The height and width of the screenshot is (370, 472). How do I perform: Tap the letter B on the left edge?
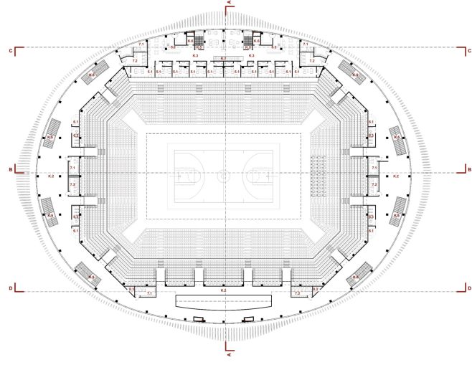tap(10, 169)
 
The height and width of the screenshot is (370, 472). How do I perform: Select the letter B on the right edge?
tap(468, 169)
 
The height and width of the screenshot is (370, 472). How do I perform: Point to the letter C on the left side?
tap(10, 51)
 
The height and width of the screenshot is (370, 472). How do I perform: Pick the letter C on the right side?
tap(468, 51)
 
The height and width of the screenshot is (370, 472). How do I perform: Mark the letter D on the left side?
tap(10, 288)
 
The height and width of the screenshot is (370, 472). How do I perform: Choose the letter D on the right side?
tap(468, 288)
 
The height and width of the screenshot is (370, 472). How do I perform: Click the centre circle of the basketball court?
tap(224, 174)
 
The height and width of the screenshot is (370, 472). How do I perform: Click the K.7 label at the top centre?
tap(223, 58)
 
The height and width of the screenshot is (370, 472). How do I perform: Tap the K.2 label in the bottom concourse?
tap(223, 290)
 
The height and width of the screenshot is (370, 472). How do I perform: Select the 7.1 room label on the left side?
tap(72, 167)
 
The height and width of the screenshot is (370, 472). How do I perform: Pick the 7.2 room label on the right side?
tap(374, 184)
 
